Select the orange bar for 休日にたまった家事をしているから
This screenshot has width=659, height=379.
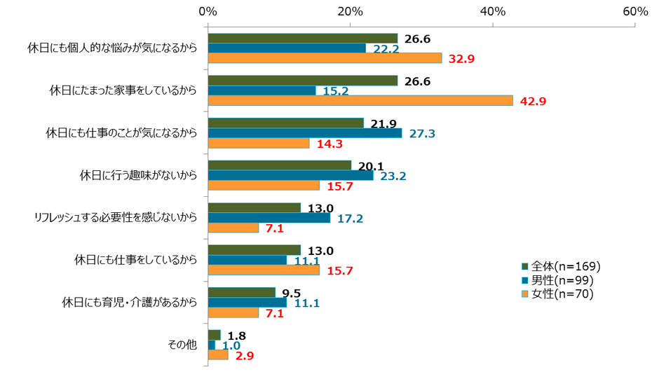tap(360, 101)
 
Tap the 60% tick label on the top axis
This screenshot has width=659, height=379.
tap(635, 12)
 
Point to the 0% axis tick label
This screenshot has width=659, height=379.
tap(208, 12)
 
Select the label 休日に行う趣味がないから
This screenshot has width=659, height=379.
tap(139, 175)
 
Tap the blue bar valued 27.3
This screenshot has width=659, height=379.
tap(305, 133)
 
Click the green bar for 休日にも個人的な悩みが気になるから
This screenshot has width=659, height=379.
tap(302, 38)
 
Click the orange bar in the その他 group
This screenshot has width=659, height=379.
tap(218, 355)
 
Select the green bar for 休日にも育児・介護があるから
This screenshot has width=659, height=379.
tap(241, 292)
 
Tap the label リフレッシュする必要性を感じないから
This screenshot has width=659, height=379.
tap(116, 218)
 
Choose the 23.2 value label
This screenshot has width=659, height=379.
tap(393, 177)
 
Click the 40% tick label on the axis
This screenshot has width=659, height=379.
tap(492, 12)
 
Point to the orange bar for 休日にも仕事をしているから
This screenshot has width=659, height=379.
tap(264, 270)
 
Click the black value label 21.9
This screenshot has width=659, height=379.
tap(383, 123)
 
